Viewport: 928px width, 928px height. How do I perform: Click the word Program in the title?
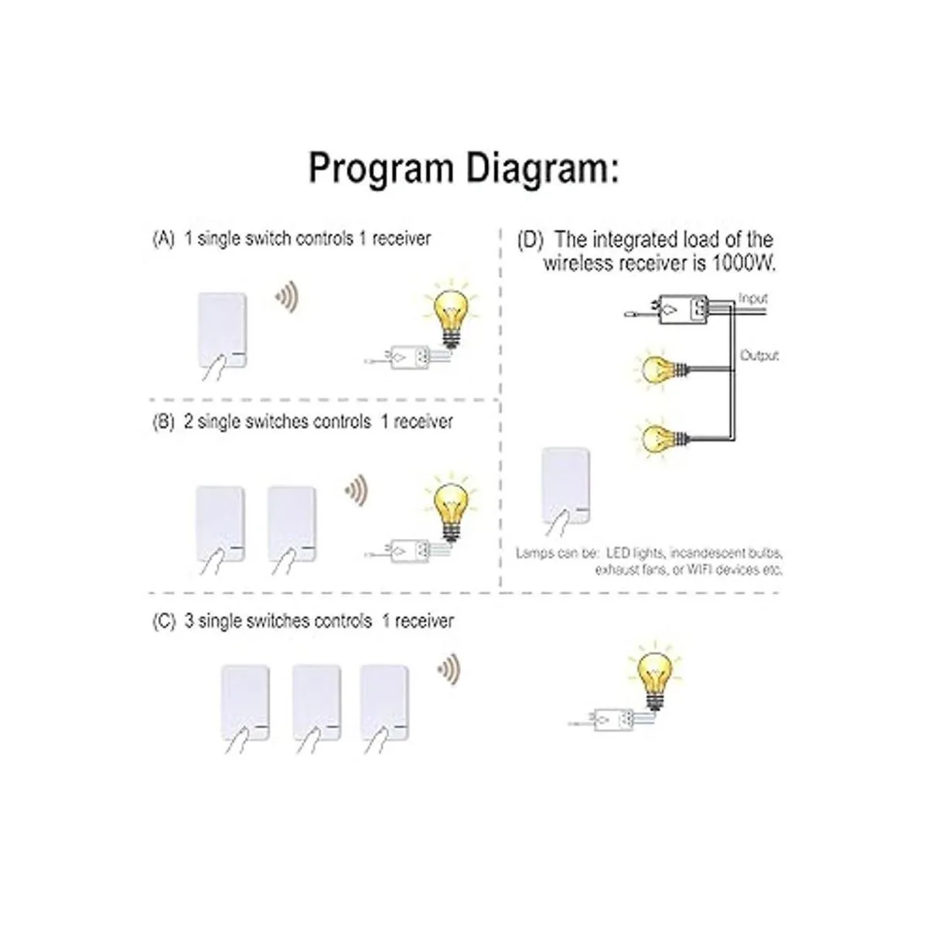(380, 169)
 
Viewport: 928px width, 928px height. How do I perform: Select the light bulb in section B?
(451, 509)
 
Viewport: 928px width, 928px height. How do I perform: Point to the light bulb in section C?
(653, 676)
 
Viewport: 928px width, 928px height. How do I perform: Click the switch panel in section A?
(223, 330)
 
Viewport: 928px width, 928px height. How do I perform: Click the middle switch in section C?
(316, 704)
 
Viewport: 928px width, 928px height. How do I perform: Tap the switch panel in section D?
(566, 486)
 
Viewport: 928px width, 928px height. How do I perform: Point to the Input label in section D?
(752, 299)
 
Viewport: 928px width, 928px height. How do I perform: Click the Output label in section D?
(759, 356)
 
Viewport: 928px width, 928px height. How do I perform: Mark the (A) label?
(163, 239)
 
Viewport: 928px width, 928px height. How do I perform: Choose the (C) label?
(164, 621)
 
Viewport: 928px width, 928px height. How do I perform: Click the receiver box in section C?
(613, 720)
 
